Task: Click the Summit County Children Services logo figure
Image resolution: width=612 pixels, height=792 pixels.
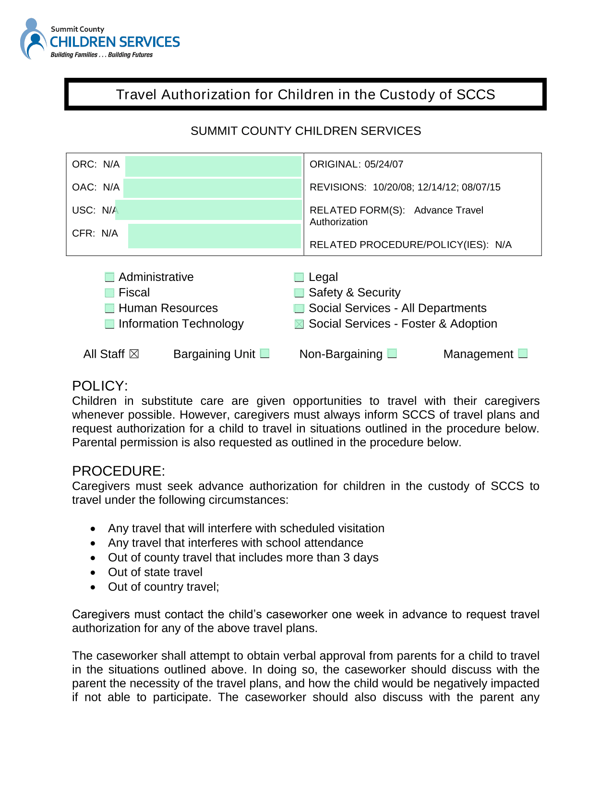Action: pos(33,39)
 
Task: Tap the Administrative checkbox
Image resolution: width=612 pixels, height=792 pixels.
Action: pos(110,277)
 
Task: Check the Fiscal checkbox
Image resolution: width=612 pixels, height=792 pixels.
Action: pos(110,293)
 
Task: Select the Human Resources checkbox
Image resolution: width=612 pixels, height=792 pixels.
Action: pos(110,308)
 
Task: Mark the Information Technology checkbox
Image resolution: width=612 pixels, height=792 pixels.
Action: pos(110,324)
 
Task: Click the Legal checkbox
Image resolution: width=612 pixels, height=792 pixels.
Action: pos(299,277)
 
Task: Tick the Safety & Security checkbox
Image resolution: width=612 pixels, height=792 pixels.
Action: pos(299,293)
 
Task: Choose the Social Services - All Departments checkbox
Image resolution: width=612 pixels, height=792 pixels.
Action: pos(299,308)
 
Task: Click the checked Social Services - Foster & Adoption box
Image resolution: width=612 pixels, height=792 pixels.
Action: pos(299,324)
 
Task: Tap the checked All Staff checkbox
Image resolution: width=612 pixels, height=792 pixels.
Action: pos(134,354)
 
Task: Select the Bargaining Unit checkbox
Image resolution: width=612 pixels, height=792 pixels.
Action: pos(265,353)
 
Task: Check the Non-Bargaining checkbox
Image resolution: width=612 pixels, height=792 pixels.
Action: pos(392,353)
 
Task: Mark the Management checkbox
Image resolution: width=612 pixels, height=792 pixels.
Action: pos(523,353)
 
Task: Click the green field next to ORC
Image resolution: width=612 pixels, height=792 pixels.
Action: pos(213,166)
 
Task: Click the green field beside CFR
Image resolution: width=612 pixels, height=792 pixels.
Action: pos(214,236)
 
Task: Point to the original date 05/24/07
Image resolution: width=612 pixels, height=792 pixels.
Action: pos(384,164)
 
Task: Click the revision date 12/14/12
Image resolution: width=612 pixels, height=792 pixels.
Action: pos(436,187)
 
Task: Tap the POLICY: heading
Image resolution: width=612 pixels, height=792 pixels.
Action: pos(100,386)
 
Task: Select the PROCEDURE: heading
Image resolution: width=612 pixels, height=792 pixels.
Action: pos(118,471)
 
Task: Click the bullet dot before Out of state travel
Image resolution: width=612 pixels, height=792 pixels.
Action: pos(93,573)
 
